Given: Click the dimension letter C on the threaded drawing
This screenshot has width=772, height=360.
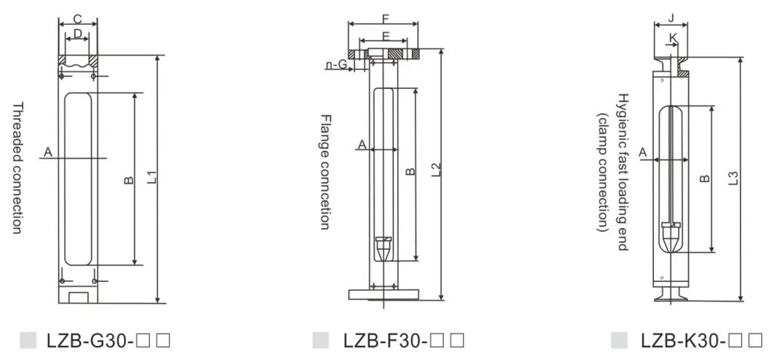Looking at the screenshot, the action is (78, 19).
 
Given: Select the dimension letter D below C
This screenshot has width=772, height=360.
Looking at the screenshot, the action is (78, 34).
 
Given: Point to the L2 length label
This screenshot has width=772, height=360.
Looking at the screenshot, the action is (436, 170).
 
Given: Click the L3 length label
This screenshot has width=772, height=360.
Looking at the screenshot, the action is (733, 178).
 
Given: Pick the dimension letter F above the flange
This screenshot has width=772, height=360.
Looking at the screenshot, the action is (386, 19).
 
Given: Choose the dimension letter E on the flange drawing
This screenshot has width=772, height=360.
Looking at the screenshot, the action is (386, 36).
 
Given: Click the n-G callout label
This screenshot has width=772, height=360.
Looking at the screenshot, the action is (336, 64).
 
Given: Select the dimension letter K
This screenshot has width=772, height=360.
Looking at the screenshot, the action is (673, 37).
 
